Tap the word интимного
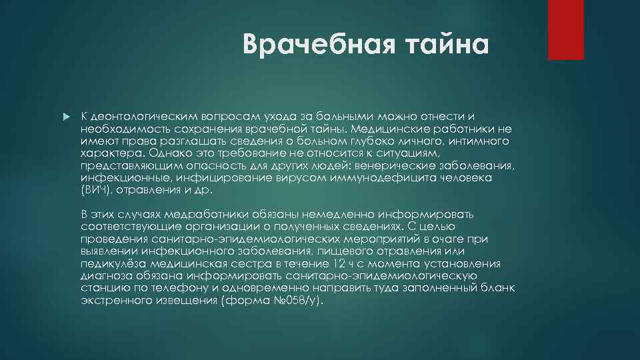click(479, 141)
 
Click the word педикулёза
click(110, 263)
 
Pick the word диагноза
click(105, 275)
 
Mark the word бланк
click(500, 287)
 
